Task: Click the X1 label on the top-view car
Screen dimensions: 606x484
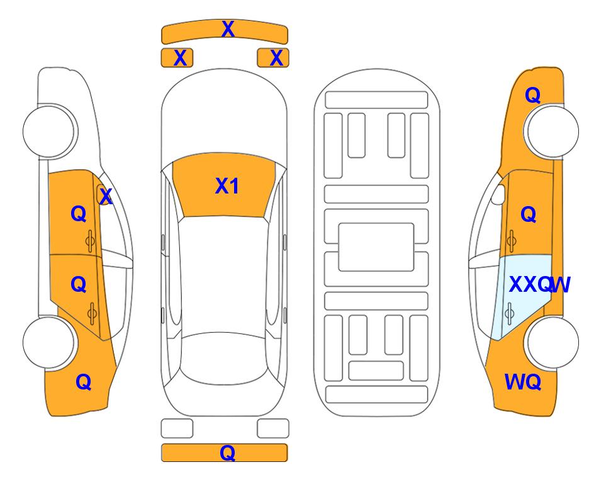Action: (x=227, y=186)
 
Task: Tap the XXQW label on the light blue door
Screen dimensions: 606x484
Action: (x=539, y=285)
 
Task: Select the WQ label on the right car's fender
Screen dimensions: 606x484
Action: (x=523, y=382)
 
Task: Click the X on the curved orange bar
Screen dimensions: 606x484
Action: (x=228, y=29)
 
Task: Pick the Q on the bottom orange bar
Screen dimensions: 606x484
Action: (x=227, y=452)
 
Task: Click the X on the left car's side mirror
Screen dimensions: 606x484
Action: (x=106, y=197)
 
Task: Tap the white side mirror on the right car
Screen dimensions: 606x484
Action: (x=498, y=194)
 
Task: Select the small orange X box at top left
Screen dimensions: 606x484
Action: (x=177, y=58)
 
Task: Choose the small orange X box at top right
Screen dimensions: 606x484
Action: (x=273, y=58)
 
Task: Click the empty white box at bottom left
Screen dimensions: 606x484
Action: (x=177, y=429)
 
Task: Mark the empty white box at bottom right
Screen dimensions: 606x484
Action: (x=273, y=429)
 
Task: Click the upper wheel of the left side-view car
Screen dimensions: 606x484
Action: (x=49, y=131)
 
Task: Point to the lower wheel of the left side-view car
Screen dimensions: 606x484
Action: (x=49, y=343)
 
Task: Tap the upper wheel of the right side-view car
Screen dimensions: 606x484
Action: (x=552, y=131)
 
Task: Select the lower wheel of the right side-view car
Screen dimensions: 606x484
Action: (x=552, y=343)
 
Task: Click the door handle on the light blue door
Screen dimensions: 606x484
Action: (x=509, y=313)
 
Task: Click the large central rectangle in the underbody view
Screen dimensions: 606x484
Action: (x=376, y=247)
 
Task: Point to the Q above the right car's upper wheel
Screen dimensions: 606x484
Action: (x=532, y=95)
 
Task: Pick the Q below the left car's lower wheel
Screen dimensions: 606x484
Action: (x=84, y=382)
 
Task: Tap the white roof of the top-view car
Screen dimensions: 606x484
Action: (x=223, y=275)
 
